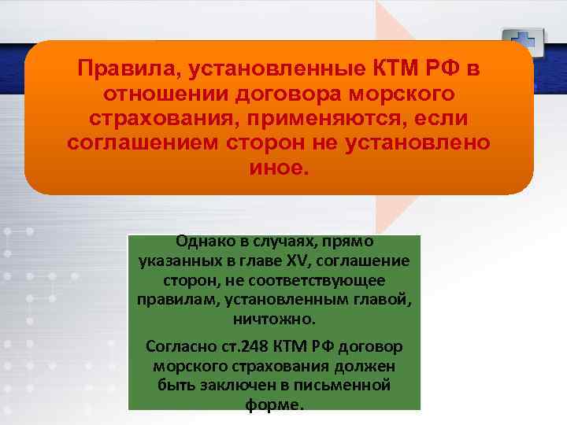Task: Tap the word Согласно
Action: click(178, 347)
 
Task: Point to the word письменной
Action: click(350, 386)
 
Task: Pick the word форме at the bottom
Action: click(274, 405)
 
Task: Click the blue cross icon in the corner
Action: click(521, 41)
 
